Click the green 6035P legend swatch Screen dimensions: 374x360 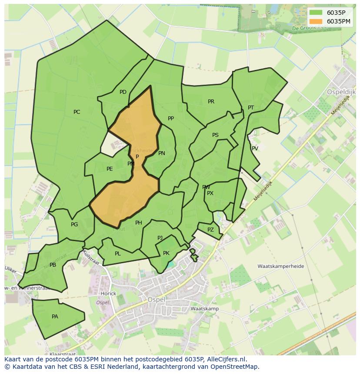316,13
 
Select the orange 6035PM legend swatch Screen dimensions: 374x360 316,21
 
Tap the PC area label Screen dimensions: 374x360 77,112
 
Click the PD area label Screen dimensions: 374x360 123,92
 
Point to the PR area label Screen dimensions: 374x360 211,102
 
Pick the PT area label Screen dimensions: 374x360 251,108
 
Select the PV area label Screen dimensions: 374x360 255,149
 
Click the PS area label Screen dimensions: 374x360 215,135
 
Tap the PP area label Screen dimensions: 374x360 171,119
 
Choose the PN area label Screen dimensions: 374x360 162,153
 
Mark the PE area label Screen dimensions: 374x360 110,169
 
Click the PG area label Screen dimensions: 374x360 74,225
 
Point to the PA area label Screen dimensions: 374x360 55,317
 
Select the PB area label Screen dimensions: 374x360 53,265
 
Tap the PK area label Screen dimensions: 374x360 166,253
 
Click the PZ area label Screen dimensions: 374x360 210,230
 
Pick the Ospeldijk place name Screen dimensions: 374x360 341,92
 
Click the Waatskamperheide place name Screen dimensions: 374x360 280,266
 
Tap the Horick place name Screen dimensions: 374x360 108,294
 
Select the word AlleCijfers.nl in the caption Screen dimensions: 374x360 226,359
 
